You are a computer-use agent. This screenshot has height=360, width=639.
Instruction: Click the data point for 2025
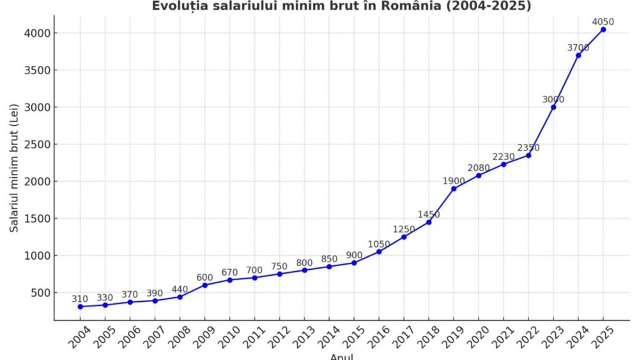click(603, 29)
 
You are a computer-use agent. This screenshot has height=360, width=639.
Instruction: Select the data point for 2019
click(454, 189)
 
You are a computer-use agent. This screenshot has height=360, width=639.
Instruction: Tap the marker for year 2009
click(205, 285)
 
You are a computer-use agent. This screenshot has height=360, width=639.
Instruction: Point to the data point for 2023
click(553, 107)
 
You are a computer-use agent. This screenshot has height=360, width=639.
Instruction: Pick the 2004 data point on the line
click(81, 306)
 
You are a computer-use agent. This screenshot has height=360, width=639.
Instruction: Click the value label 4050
click(603, 22)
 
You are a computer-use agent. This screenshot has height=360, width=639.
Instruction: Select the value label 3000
click(553, 99)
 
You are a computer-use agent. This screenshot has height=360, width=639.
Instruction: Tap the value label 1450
click(429, 214)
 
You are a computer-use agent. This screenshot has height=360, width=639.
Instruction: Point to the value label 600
click(205, 277)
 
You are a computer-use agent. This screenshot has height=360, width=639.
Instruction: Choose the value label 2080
click(479, 168)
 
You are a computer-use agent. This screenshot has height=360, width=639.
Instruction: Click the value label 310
click(81, 299)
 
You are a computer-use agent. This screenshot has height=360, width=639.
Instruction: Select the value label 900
click(354, 254)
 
